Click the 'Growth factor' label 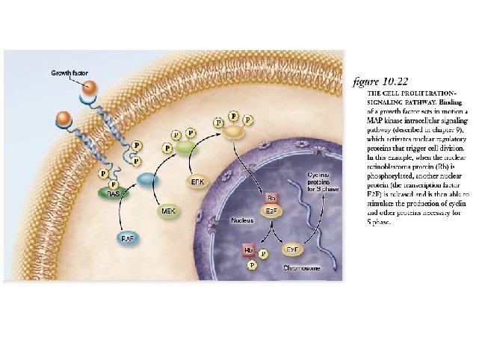69,73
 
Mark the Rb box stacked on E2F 272,198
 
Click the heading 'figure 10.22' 381,81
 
